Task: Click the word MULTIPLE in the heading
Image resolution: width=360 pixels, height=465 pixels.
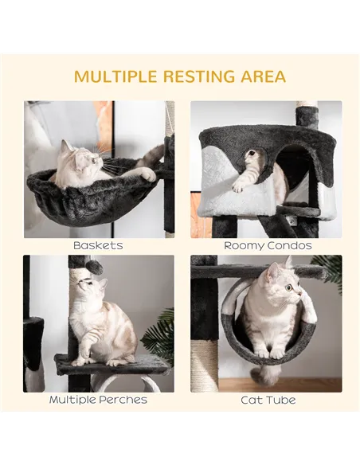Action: click(x=115, y=77)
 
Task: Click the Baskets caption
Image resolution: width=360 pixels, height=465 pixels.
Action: click(x=98, y=246)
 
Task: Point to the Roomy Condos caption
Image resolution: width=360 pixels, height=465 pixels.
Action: click(x=267, y=246)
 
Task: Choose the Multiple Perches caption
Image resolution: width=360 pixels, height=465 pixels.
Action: click(x=98, y=400)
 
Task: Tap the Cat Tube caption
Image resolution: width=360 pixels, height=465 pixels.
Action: click(x=267, y=400)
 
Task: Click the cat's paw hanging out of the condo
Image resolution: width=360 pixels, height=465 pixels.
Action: click(x=237, y=187)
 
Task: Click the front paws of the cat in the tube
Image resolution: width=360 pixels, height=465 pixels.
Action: click(x=268, y=351)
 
